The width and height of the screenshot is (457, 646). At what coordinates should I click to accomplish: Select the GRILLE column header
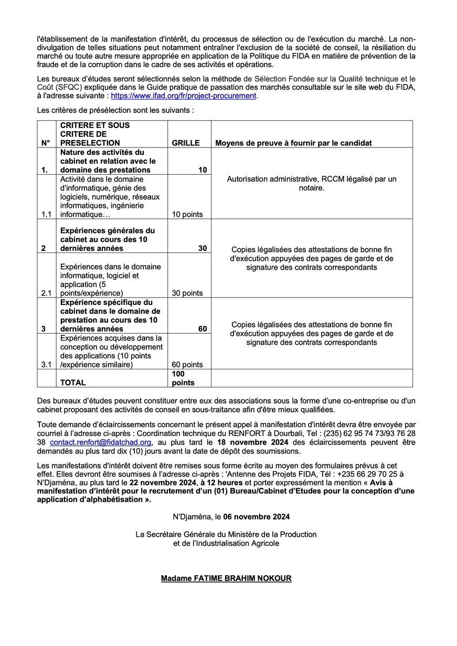click(186, 143)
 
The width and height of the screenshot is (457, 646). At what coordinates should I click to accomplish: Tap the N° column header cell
click(45, 143)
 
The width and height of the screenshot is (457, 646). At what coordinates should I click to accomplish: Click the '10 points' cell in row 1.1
click(187, 214)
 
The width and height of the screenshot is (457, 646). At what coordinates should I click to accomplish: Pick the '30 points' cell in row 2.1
click(187, 293)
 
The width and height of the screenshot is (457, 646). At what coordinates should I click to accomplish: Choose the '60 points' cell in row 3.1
click(187, 365)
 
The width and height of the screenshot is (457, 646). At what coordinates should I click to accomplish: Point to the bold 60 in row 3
click(202, 329)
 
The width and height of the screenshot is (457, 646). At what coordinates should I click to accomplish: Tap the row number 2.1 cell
click(46, 293)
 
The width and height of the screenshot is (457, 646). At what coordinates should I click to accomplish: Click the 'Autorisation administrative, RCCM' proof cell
click(312, 183)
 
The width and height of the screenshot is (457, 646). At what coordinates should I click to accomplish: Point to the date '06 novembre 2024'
click(256, 516)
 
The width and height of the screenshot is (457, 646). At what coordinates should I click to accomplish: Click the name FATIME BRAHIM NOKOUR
click(226, 578)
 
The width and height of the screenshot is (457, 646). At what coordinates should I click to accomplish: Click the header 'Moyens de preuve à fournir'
click(293, 143)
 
